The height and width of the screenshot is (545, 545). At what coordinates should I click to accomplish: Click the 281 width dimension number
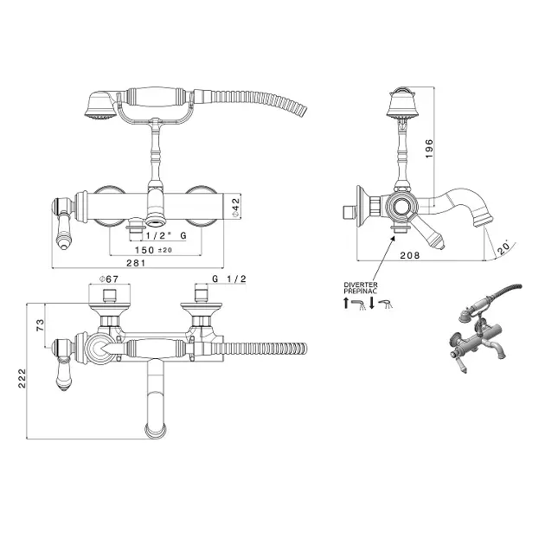(x=136, y=263)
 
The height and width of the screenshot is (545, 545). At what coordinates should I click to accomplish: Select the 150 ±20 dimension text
(x=153, y=250)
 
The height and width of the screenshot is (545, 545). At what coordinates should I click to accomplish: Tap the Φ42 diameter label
(x=235, y=208)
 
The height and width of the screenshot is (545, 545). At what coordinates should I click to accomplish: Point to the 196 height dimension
(x=430, y=149)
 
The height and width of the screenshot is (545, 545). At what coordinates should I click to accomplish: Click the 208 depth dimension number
(x=410, y=255)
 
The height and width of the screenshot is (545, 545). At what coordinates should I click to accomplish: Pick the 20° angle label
(x=503, y=247)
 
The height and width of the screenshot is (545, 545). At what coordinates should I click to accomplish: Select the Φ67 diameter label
(x=109, y=279)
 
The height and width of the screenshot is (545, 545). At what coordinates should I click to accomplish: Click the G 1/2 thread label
(x=229, y=279)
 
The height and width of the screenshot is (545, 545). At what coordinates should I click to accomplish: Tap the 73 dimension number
(x=41, y=324)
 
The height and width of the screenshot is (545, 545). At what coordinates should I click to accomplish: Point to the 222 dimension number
(x=22, y=378)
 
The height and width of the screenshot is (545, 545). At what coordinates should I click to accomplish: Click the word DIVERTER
(x=361, y=285)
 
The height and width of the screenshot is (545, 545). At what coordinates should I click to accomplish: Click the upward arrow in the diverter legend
(x=345, y=303)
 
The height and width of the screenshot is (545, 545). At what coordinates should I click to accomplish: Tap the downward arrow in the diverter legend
(x=372, y=303)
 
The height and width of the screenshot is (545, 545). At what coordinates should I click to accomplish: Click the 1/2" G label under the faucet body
(x=166, y=235)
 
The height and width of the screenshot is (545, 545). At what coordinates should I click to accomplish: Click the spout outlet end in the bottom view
(x=157, y=431)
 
